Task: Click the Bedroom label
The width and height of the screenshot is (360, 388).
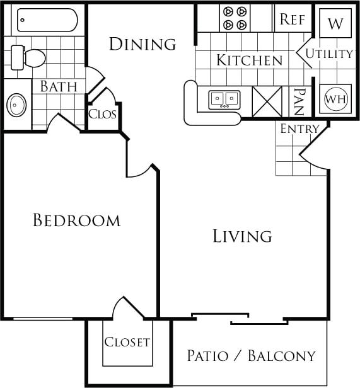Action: tap(76, 220)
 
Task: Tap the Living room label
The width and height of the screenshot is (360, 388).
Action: tap(242, 236)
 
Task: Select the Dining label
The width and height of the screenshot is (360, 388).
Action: tap(142, 44)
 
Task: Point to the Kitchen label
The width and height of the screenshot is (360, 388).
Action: tap(249, 60)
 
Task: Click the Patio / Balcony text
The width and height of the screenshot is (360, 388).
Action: tap(251, 356)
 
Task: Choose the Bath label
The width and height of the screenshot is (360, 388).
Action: tap(59, 87)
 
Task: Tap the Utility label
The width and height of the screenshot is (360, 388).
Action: tap(329, 54)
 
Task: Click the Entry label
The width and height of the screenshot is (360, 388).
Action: tap(299, 130)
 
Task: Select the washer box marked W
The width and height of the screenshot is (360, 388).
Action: tap(335, 24)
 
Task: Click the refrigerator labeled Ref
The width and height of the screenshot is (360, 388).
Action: tap(293, 20)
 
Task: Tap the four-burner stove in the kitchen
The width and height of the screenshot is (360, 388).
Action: tap(235, 18)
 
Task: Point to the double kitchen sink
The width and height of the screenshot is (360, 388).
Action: tap(224, 99)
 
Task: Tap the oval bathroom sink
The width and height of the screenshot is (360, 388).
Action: tap(16, 105)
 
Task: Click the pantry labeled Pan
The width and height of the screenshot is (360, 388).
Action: tap(298, 101)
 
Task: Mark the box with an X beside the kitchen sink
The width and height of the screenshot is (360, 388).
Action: tap(266, 100)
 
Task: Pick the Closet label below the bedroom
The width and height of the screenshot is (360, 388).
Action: tap(127, 342)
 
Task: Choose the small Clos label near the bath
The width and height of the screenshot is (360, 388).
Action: tap(102, 115)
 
